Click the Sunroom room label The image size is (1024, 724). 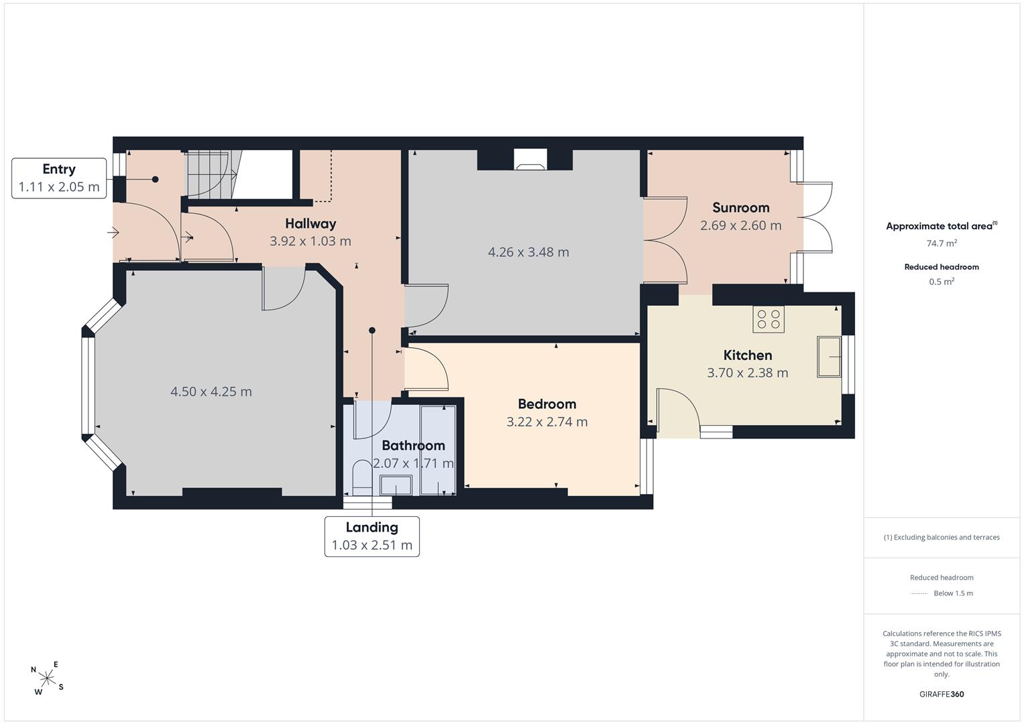pos(740,208)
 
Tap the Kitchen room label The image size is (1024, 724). pos(748,355)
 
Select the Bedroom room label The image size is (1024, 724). pos(547,404)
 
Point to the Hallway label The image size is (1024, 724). pos(310,223)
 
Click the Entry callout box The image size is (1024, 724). pos(59,178)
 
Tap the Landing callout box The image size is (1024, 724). pos(372,536)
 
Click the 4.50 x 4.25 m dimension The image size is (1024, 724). pos(211,391)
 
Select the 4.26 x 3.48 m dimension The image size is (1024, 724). pos(528,252)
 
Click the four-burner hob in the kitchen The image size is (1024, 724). pos(769,319)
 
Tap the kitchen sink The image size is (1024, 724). pos(830,357)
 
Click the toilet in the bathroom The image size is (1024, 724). pos(363,477)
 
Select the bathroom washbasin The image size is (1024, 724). pos(396,485)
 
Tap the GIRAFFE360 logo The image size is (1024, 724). pos(942,695)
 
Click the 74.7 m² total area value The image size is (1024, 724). pos(942,243)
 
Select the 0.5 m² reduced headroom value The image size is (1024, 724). pos(942,282)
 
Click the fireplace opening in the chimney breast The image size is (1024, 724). pos(530,160)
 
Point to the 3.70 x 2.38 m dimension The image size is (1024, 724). pos(748,373)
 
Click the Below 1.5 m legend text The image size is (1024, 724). pos(953,593)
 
